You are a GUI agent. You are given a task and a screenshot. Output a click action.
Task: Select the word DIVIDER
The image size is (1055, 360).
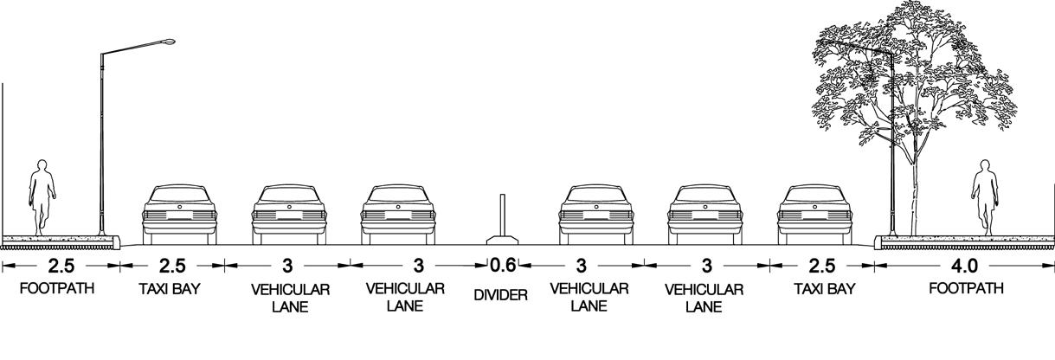click(501, 296)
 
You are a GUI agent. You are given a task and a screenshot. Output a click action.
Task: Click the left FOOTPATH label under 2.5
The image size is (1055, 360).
click(57, 289)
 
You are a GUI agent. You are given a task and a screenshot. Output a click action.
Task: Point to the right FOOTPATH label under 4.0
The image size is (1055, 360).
click(965, 289)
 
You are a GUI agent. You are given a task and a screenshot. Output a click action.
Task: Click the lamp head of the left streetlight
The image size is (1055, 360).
click(167, 41)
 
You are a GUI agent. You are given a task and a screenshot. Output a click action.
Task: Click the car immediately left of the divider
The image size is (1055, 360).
click(397, 211)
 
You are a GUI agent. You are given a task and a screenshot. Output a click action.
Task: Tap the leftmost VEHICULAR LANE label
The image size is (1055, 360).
click(290, 297)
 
